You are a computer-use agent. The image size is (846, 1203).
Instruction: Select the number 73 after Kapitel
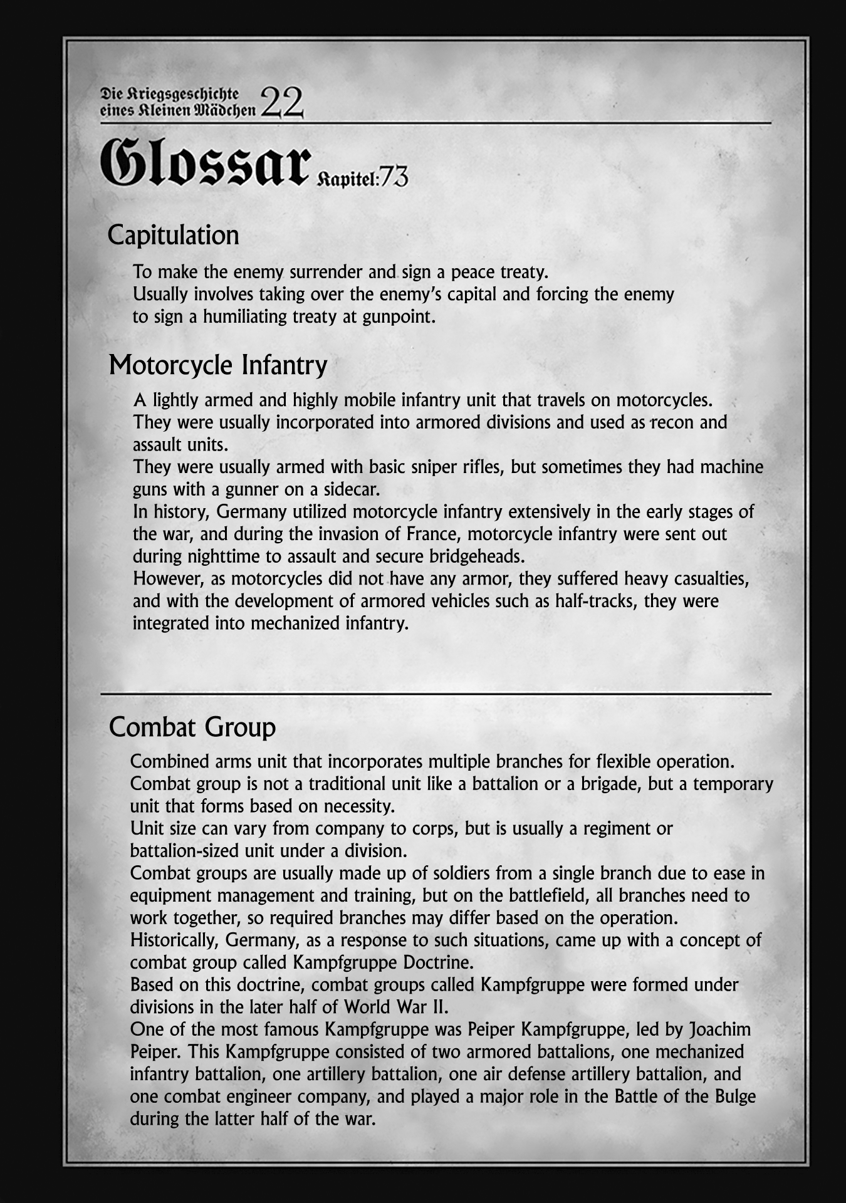click(393, 179)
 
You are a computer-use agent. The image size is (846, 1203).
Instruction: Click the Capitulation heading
click(174, 236)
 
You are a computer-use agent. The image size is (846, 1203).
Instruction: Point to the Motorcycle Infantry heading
click(218, 365)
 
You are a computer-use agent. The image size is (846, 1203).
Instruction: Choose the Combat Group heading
click(192, 727)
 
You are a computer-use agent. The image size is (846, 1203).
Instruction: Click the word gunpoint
click(398, 316)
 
